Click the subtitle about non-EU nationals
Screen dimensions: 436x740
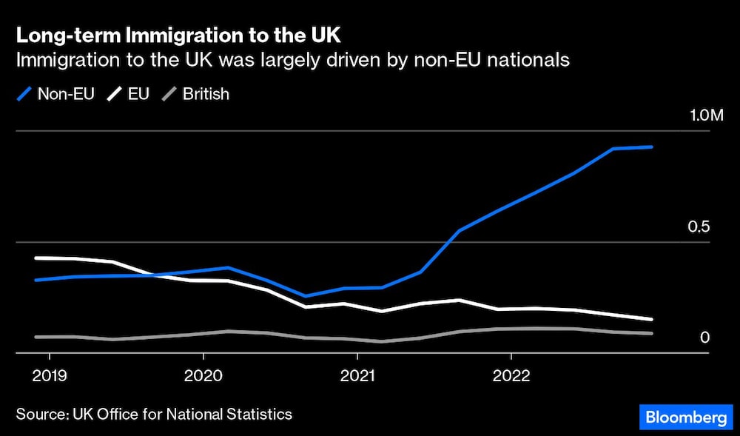click(x=293, y=60)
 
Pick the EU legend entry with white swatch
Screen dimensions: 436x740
click(x=128, y=94)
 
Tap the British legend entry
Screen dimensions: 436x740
click(x=195, y=94)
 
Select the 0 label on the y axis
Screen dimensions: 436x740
click(x=704, y=338)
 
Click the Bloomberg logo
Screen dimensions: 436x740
click(x=686, y=417)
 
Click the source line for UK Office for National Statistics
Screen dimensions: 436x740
click(x=154, y=414)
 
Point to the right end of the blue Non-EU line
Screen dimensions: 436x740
click(x=652, y=147)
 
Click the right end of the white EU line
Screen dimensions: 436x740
click(x=652, y=319)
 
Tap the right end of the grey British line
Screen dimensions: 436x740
click(x=652, y=334)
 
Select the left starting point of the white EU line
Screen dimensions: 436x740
click(x=36, y=258)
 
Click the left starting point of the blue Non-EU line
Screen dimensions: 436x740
click(x=36, y=280)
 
